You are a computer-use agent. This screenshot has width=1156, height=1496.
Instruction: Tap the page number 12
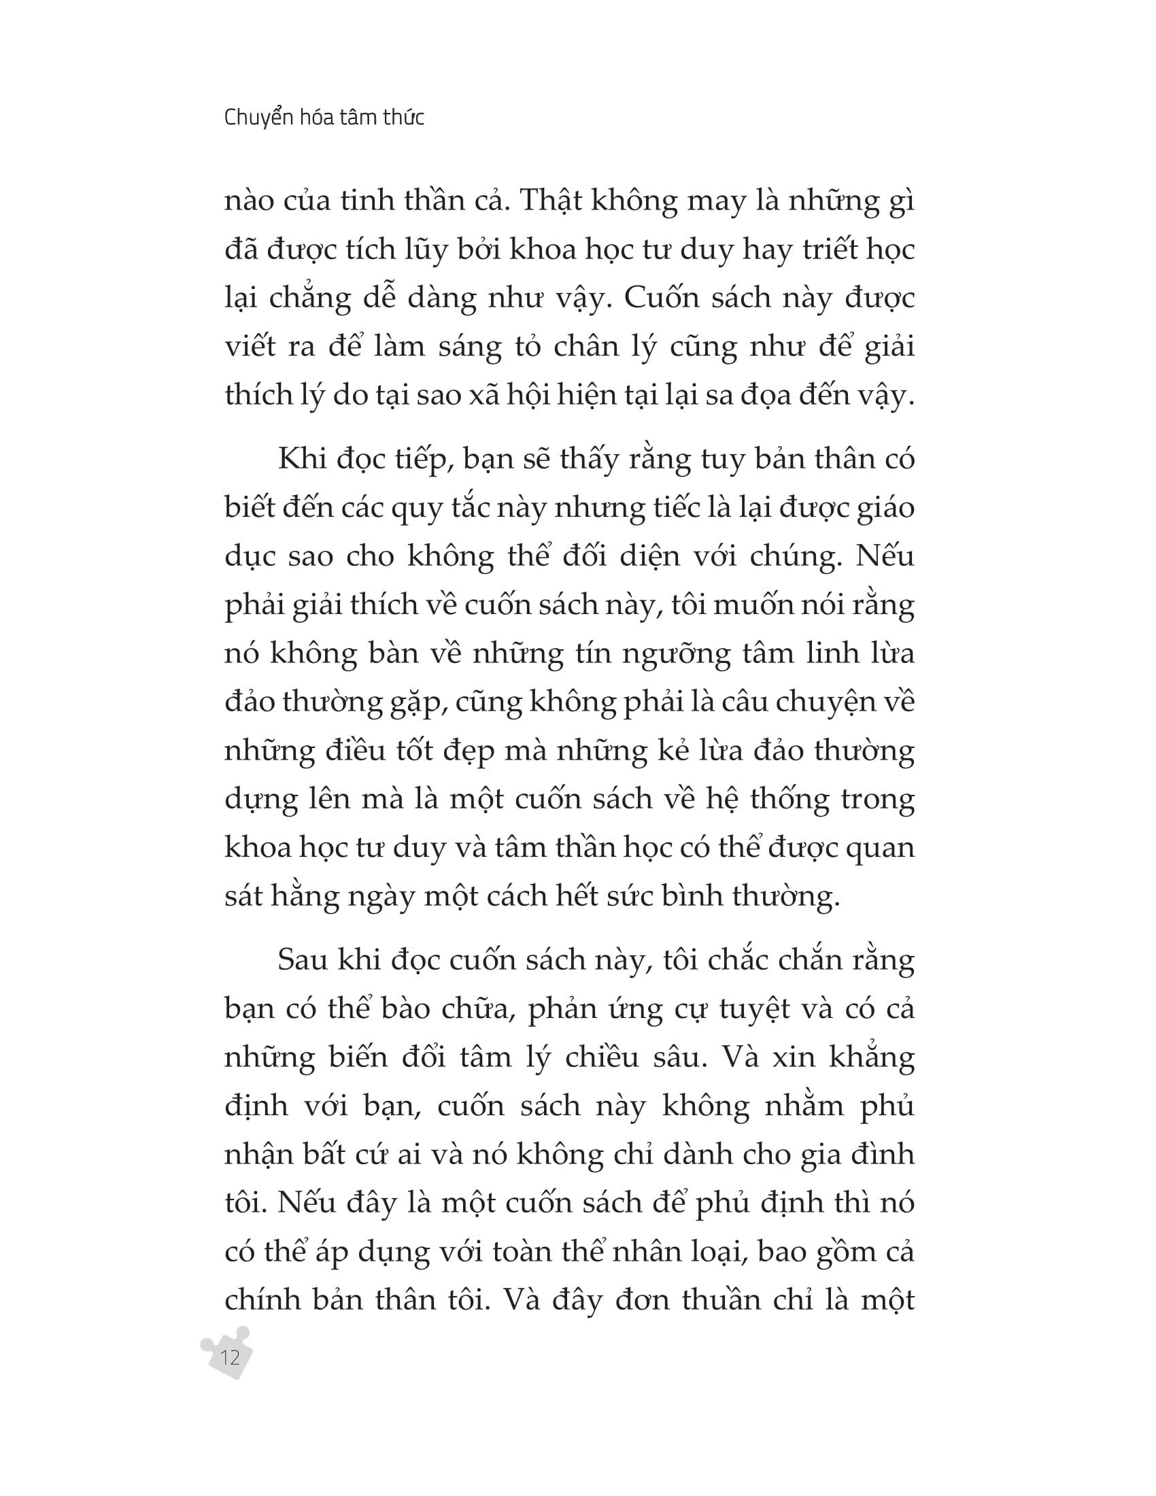click(x=230, y=1357)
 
